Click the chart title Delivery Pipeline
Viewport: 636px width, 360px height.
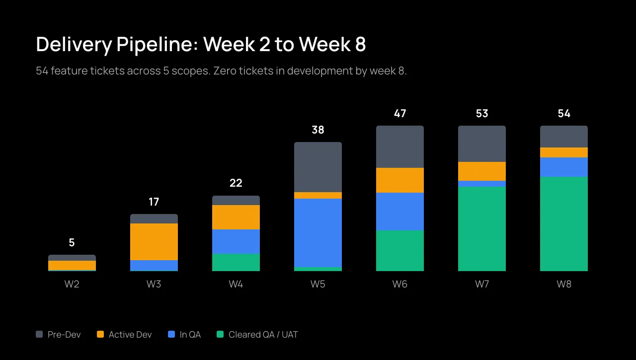(x=201, y=45)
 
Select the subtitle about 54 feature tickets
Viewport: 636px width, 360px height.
(x=221, y=71)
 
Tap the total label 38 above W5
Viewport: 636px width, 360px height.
(x=318, y=130)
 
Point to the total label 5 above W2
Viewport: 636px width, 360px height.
(x=72, y=243)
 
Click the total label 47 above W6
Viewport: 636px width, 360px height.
(x=400, y=114)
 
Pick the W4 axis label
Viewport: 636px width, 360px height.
(x=236, y=285)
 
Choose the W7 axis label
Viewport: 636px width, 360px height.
(x=482, y=285)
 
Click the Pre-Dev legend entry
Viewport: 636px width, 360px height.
(x=58, y=335)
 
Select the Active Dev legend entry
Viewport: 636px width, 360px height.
(x=124, y=335)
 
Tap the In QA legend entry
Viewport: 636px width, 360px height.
(x=184, y=335)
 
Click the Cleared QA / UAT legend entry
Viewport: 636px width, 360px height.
(x=257, y=335)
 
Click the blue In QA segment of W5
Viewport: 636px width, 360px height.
(x=318, y=233)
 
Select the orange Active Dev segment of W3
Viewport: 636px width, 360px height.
(x=154, y=242)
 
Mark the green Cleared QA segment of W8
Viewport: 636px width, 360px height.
(x=564, y=224)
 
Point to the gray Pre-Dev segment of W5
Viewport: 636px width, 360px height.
(x=318, y=167)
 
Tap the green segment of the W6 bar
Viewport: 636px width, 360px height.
(x=400, y=251)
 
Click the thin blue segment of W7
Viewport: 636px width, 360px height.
(x=482, y=184)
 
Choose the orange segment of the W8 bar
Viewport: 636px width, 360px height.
(x=564, y=152)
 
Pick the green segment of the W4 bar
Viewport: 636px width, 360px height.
(x=236, y=263)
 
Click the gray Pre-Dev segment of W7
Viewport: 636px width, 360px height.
(x=482, y=144)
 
